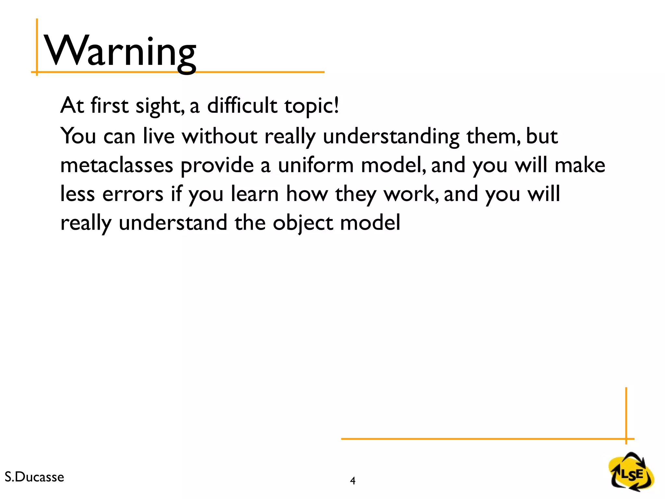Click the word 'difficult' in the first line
pyautogui.click(x=242, y=106)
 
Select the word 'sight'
pyautogui.click(x=158, y=106)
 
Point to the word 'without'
pyautogui.click(x=220, y=136)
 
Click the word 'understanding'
pyautogui.click(x=391, y=136)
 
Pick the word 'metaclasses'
pyautogui.click(x=117, y=165)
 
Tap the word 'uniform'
pyautogui.click(x=316, y=165)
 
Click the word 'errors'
pyautogui.click(x=132, y=194)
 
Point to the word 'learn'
pyautogui.click(x=255, y=194)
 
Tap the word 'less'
pyautogui.click(x=78, y=194)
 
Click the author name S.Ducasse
pyautogui.click(x=34, y=477)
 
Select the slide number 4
pyautogui.click(x=353, y=480)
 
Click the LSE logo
pyautogui.click(x=632, y=472)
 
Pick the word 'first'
pyautogui.click(x=109, y=106)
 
